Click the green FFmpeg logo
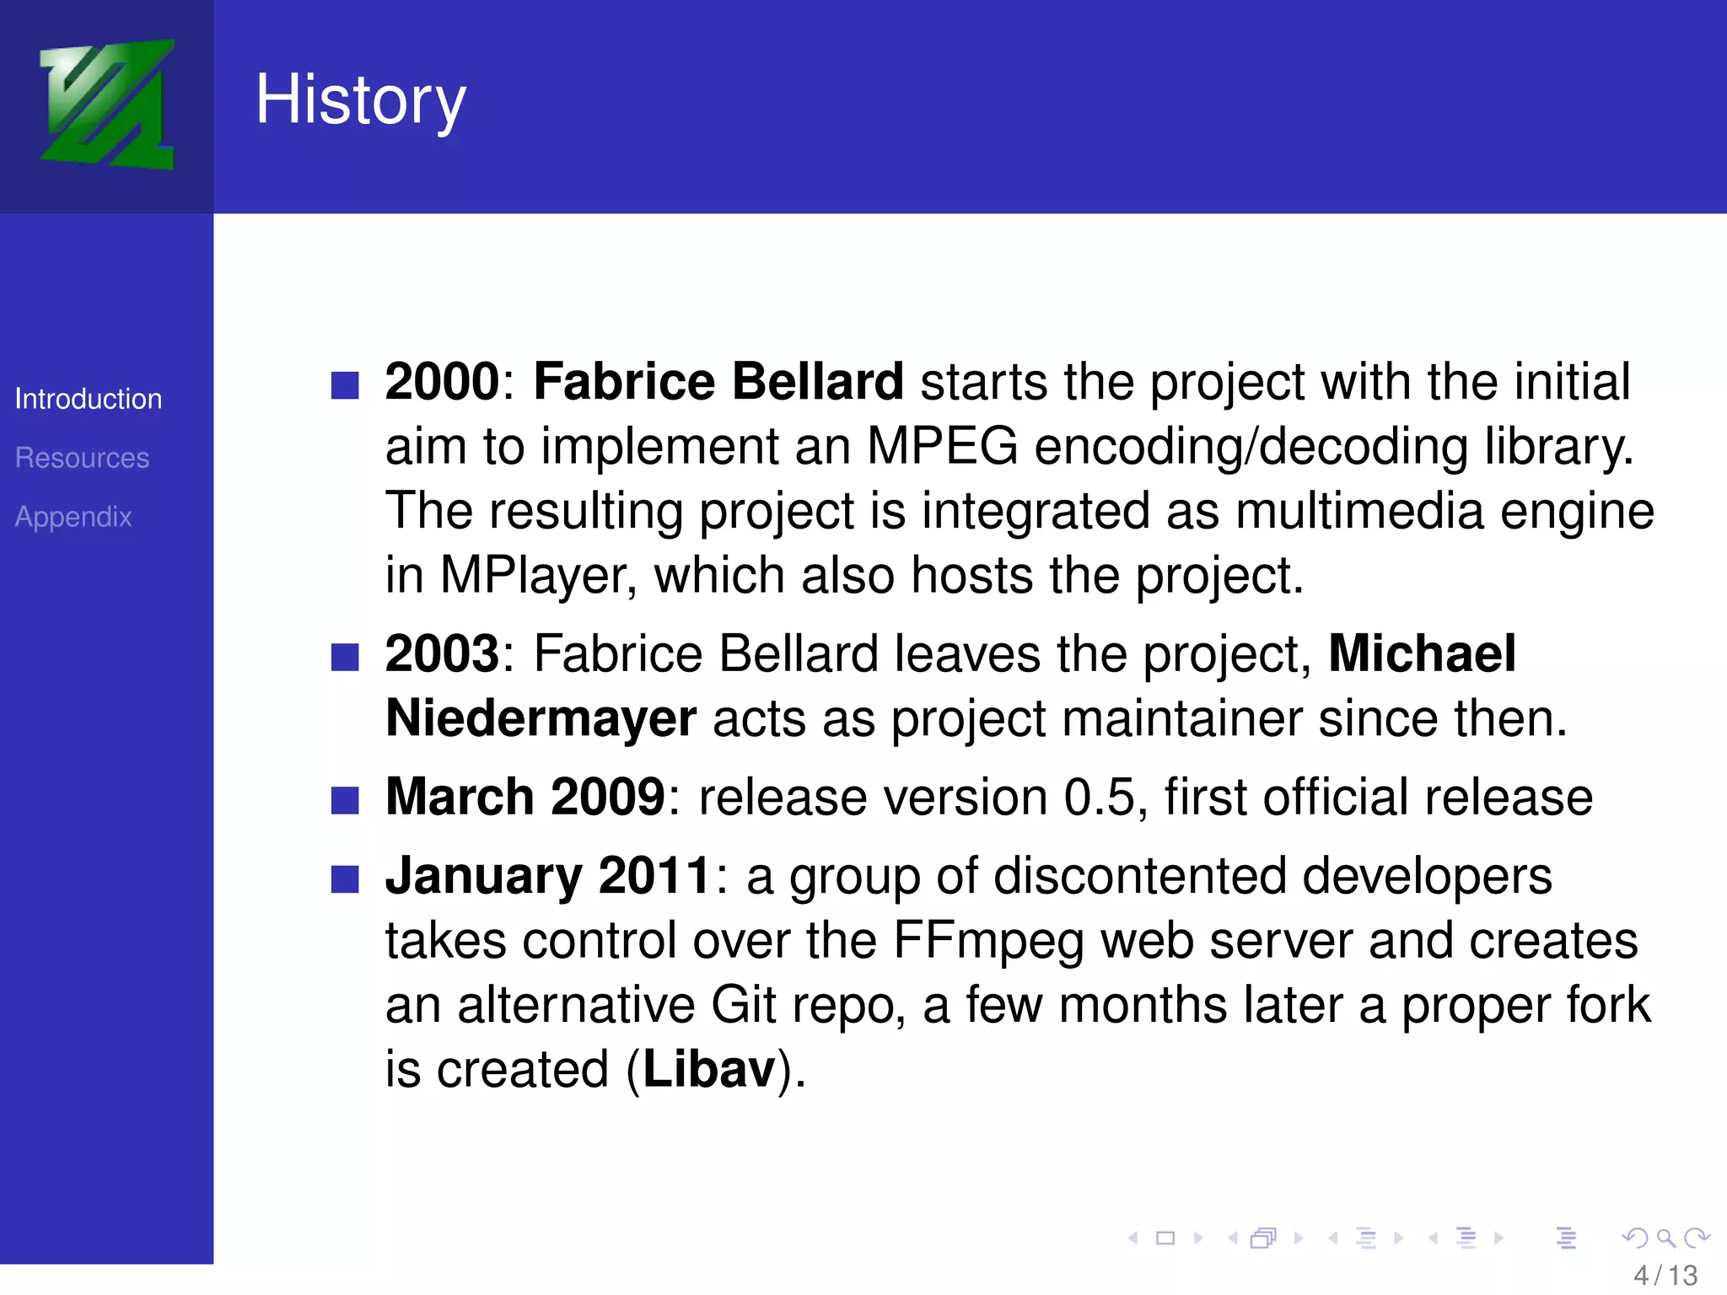pyautogui.click(x=107, y=105)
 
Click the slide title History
pyautogui.click(x=360, y=99)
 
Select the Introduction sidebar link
pyautogui.click(x=89, y=399)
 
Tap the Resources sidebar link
pyautogui.click(x=82, y=458)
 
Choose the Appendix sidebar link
pyautogui.click(x=73, y=517)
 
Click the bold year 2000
pyautogui.click(x=443, y=381)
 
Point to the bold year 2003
pyautogui.click(x=443, y=653)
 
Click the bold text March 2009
pyautogui.click(x=525, y=797)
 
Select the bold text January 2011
pyautogui.click(x=549, y=876)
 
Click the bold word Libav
pyautogui.click(x=709, y=1070)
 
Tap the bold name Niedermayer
pyautogui.click(x=541, y=718)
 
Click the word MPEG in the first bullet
pyautogui.click(x=942, y=446)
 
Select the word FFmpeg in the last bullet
pyautogui.click(x=987, y=941)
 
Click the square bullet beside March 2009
pyautogui.click(x=345, y=800)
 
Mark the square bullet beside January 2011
pyautogui.click(x=345, y=879)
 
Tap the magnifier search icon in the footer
pyautogui.click(x=1665, y=1238)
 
